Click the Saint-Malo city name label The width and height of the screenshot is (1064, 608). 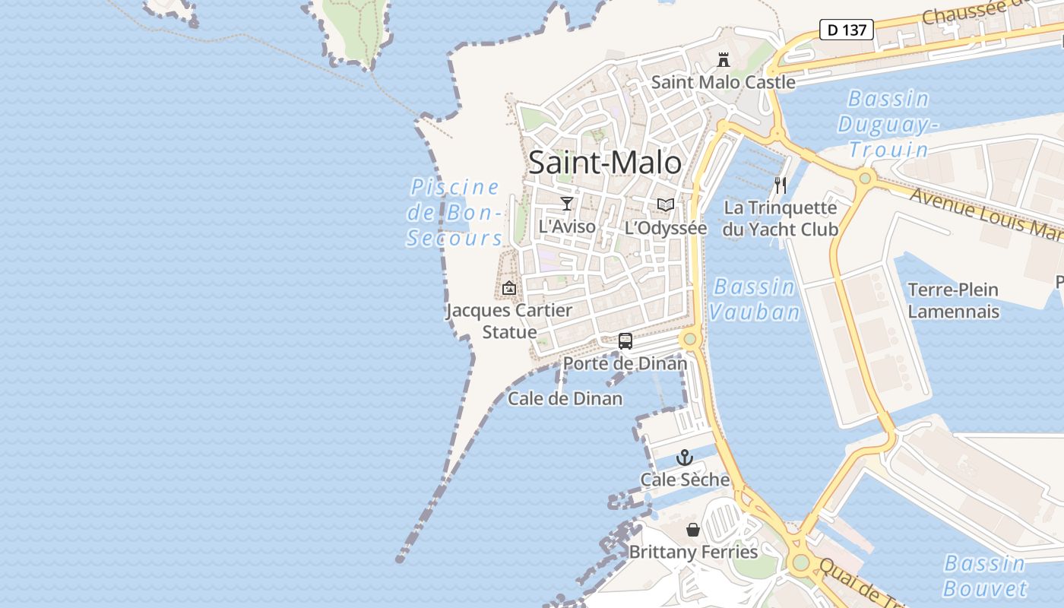click(605, 163)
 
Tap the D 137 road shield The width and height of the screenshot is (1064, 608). click(846, 30)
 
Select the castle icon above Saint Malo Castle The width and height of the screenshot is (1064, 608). click(724, 59)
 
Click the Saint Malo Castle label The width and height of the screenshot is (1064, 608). click(723, 82)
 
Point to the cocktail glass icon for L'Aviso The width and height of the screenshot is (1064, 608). click(566, 203)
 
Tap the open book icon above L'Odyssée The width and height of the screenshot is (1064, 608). click(666, 204)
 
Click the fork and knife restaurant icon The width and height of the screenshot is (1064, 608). click(781, 185)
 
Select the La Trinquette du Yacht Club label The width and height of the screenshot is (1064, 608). click(780, 219)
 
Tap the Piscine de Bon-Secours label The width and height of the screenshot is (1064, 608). click(454, 213)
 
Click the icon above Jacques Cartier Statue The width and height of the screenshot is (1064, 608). click(509, 288)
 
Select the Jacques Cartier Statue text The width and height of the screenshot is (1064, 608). click(508, 321)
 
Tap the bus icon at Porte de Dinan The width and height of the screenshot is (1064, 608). click(625, 341)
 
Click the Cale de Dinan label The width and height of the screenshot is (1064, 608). click(565, 398)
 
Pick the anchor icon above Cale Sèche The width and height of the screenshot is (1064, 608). click(685, 458)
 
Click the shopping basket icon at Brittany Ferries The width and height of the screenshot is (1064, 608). click(693, 530)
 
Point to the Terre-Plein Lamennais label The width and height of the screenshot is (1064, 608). click(953, 300)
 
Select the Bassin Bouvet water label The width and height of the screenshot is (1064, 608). click(985, 576)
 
